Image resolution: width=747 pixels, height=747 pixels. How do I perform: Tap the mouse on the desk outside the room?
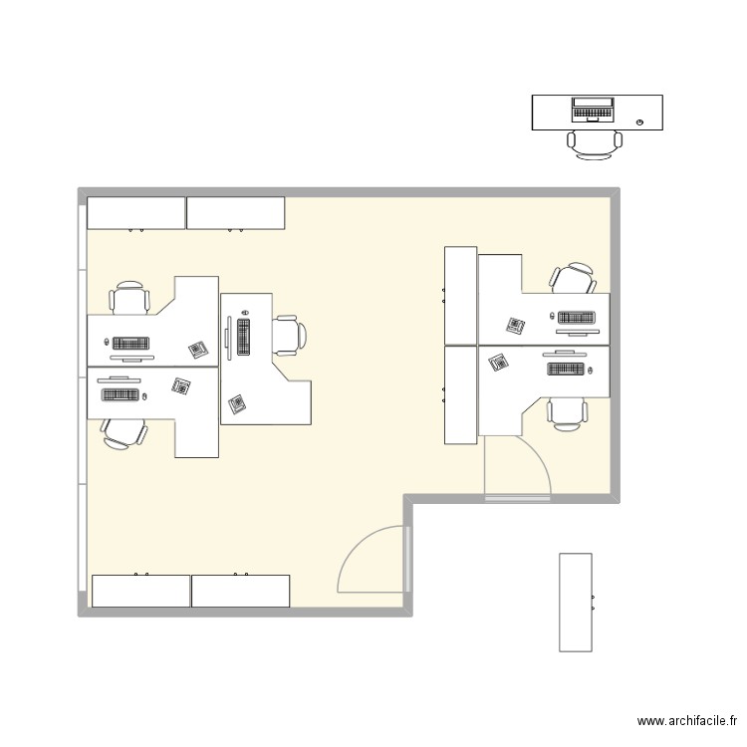(639, 123)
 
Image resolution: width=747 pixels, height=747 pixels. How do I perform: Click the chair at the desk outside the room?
(595, 143)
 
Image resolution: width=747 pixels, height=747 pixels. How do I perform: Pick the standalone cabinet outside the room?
(576, 603)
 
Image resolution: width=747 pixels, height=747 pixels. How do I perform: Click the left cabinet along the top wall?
(136, 212)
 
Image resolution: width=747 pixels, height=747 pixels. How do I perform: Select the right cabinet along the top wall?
(236, 212)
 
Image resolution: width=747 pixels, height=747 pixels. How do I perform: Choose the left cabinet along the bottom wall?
(140, 591)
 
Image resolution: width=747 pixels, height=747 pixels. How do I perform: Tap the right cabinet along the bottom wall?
(240, 591)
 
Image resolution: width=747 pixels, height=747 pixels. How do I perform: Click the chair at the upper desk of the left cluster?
(130, 298)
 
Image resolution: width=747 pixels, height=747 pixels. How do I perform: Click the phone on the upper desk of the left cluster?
(197, 349)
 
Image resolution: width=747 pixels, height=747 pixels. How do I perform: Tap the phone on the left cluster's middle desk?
(237, 403)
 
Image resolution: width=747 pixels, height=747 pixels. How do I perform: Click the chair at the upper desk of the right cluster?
(572, 279)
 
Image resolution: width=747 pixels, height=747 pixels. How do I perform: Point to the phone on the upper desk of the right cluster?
(515, 325)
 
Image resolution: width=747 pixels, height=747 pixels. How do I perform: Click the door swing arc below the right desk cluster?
(528, 460)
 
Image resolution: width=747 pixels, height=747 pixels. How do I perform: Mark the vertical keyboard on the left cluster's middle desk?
(243, 337)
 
